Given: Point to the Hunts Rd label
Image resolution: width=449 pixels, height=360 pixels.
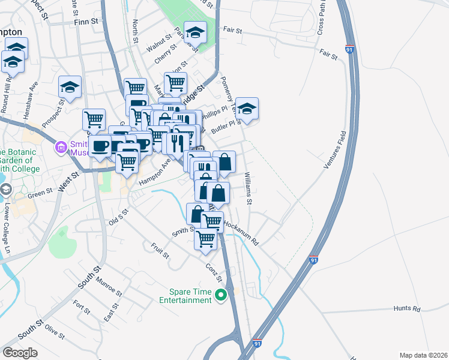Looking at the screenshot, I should [407, 308].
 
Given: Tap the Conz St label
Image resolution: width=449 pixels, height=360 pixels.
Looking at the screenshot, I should [214, 273].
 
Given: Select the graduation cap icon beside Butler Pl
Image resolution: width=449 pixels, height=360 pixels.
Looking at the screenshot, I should [247, 109].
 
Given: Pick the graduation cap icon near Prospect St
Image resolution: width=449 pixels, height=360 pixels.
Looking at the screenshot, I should [70, 87].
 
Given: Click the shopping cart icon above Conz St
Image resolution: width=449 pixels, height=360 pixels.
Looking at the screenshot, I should [206, 238].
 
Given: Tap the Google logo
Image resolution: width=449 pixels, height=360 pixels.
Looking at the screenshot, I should [20, 353].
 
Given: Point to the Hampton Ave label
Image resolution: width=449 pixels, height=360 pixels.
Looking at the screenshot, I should [155, 170].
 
